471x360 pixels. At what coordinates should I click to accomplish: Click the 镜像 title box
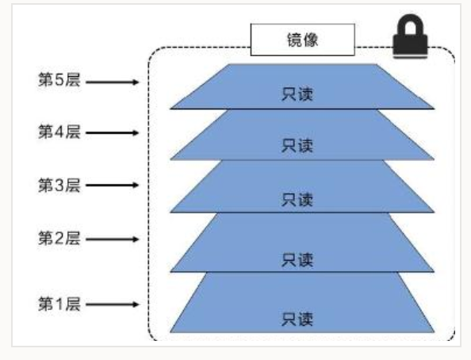pos(302,40)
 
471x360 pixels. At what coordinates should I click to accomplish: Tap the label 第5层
pos(59,80)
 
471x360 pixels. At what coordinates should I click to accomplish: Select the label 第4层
pos(59,132)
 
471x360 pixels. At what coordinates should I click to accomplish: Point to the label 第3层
pos(59,185)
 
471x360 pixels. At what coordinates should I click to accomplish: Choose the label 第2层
pos(59,239)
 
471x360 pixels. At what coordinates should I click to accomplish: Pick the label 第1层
pos(59,304)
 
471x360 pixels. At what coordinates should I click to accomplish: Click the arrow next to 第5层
pos(113,82)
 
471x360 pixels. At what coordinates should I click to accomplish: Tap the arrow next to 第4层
pos(113,132)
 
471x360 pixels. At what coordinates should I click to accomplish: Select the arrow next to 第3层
pos(113,185)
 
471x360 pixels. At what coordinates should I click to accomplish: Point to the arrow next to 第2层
pos(113,239)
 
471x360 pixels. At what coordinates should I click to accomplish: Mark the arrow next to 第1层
pos(113,304)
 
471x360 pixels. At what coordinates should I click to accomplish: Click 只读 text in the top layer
pos(297,94)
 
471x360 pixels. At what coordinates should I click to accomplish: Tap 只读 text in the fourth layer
pos(297,145)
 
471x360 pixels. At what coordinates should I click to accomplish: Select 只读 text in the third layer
pos(297,200)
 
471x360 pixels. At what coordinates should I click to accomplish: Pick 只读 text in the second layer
pos(297,260)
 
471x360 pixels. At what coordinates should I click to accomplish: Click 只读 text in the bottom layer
pos(297,319)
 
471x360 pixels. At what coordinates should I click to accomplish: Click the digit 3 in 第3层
pos(59,185)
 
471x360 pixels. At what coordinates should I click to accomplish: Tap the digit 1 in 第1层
pos(59,304)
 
